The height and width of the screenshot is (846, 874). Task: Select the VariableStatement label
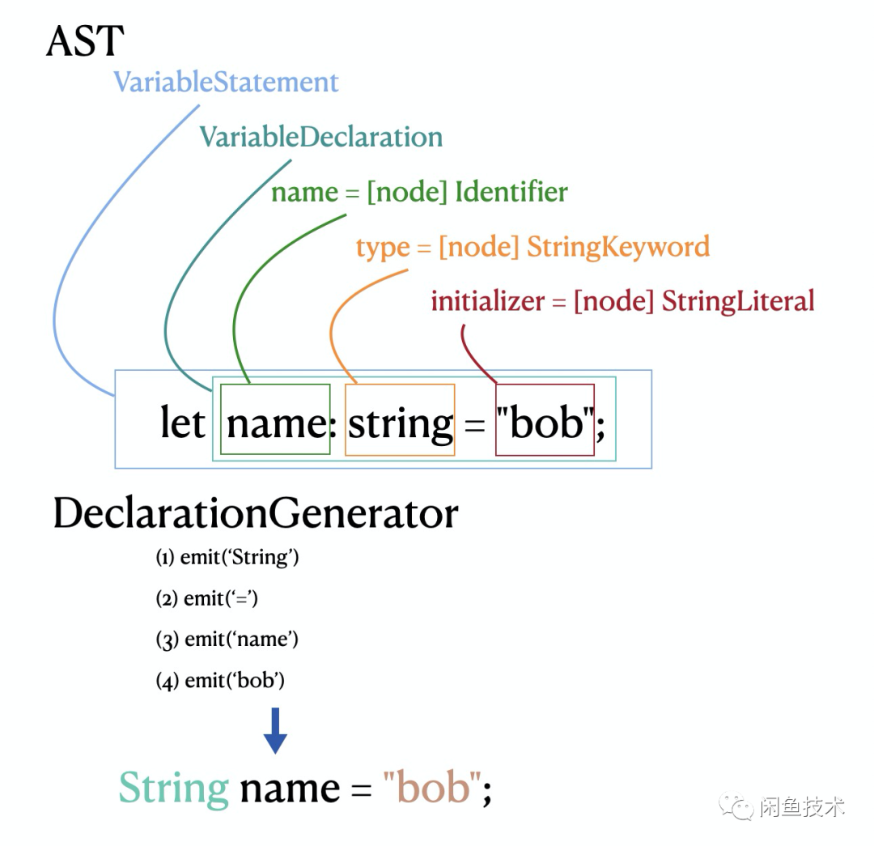tap(226, 82)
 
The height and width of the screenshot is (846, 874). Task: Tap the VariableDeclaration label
tap(320, 136)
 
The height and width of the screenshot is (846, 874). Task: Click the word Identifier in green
tap(511, 192)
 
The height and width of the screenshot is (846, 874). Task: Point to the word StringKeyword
tap(617, 246)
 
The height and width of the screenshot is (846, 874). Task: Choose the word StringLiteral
tap(737, 301)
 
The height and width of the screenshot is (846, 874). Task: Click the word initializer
tap(487, 301)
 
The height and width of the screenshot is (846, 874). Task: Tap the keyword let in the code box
tap(182, 423)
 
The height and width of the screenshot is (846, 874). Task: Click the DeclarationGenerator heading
tap(255, 514)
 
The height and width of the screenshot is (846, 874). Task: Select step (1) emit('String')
tap(227, 557)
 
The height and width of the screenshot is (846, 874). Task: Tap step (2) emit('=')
tap(206, 598)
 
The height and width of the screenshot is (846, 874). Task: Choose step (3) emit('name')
tap(227, 640)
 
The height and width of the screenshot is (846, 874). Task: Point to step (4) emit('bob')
tap(220, 681)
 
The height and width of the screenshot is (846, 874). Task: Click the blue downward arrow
tap(275, 731)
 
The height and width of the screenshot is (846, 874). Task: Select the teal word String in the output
tap(173, 788)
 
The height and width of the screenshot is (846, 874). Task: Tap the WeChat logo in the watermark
tap(737, 806)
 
